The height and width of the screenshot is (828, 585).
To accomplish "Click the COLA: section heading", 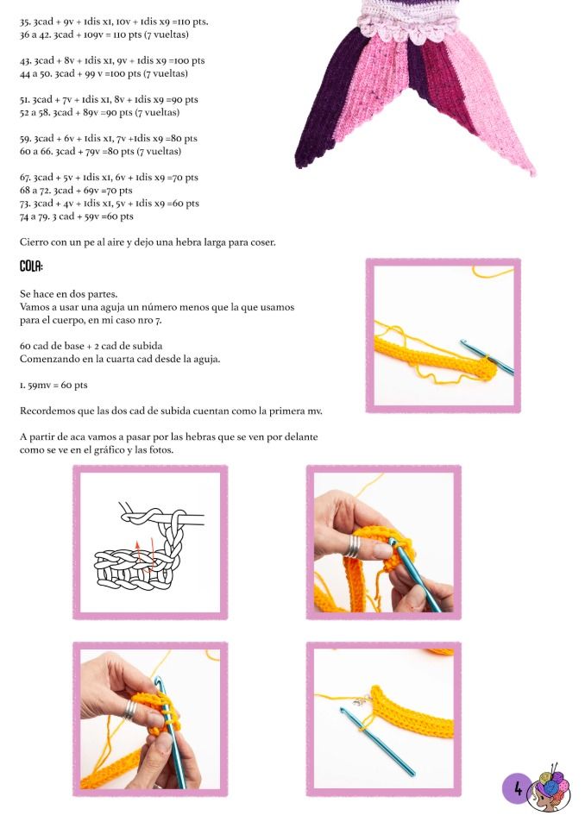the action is click(31, 267).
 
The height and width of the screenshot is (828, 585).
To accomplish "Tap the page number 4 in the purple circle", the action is click(518, 788).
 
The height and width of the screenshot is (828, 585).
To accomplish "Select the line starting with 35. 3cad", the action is click(114, 22).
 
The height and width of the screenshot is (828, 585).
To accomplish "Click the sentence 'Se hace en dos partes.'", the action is click(69, 293).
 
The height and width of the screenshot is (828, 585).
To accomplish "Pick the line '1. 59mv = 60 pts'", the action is click(53, 385).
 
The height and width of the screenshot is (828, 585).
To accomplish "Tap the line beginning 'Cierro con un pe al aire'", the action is click(148, 242).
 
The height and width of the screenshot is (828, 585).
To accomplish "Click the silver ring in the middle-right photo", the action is click(353, 546).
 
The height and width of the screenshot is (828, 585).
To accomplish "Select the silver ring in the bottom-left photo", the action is click(129, 710).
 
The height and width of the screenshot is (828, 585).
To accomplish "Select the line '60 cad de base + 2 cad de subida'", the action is click(91, 346).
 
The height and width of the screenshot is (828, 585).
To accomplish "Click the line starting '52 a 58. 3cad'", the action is click(99, 112).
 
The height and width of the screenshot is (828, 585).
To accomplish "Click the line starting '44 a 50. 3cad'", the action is click(104, 73).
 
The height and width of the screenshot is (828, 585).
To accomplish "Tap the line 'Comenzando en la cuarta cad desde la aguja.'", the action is click(120, 359).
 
